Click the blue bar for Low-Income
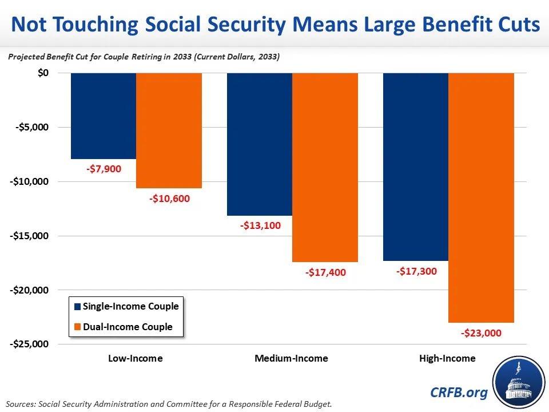click(104, 116)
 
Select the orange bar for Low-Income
click(169, 130)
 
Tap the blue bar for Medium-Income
click(260, 144)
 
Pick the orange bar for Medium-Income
click(325, 167)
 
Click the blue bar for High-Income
click(416, 167)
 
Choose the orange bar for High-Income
click(481, 197)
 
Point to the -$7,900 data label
click(104, 169)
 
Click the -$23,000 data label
click(481, 333)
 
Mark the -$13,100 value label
click(260, 225)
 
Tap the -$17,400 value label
click(325, 272)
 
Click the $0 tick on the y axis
click(43, 73)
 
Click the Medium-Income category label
click(291, 359)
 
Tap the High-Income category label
click(447, 359)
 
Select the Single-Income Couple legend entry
click(126, 306)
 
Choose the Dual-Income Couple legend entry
click(122, 327)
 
